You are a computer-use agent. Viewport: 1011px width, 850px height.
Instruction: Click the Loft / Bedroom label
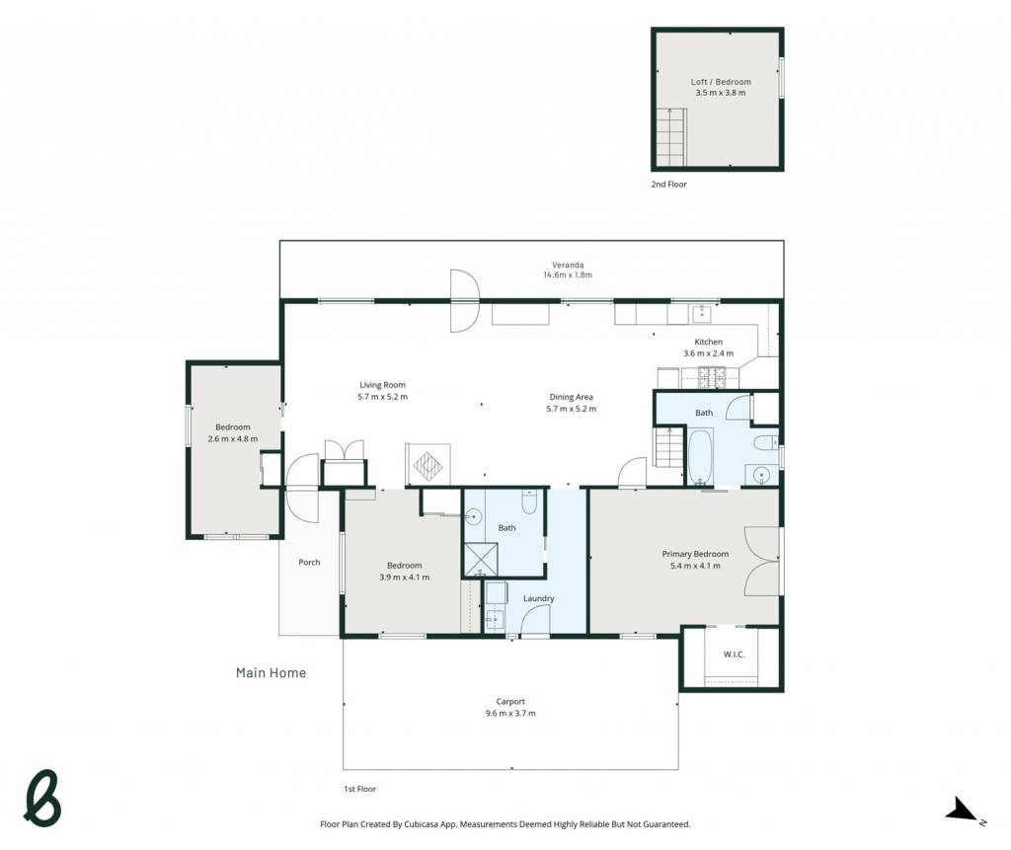[720, 82]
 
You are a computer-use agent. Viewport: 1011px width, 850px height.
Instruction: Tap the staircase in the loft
[671, 137]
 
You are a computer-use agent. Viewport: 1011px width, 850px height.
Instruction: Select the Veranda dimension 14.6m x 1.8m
[568, 274]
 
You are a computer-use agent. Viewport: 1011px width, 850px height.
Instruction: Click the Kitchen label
[708, 342]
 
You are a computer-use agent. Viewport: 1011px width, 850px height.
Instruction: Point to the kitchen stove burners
[713, 377]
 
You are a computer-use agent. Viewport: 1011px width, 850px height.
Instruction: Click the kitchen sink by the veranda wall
[701, 314]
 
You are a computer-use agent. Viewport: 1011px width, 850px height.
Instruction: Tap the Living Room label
[382, 385]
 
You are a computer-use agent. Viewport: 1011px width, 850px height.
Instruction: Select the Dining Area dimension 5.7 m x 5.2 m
[572, 409]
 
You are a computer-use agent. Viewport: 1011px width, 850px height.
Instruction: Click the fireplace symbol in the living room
[428, 464]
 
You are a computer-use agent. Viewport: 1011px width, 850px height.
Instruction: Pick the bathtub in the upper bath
[700, 457]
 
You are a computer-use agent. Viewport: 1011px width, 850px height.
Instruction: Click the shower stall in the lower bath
[481, 559]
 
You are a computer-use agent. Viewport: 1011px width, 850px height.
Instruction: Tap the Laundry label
[538, 598]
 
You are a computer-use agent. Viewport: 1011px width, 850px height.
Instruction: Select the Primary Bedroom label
[695, 554]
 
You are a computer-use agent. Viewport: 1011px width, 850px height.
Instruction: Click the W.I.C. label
[734, 655]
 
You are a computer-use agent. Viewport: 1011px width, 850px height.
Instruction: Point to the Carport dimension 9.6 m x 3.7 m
[510, 714]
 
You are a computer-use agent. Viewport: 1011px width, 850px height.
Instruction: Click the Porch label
[309, 563]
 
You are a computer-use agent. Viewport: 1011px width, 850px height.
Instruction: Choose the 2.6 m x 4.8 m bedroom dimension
[233, 439]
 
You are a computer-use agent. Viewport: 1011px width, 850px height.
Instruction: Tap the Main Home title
[271, 672]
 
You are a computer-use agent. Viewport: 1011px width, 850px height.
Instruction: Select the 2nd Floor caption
[668, 185]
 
